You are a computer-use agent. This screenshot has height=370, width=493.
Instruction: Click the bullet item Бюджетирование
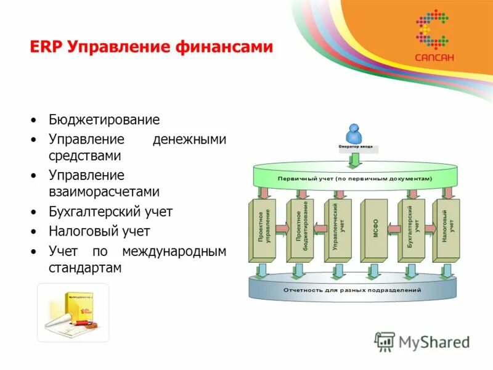click(x=104, y=120)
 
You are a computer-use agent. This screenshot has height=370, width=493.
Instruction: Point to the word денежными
click(x=189, y=140)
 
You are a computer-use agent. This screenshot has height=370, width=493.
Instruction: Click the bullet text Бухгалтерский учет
click(x=111, y=212)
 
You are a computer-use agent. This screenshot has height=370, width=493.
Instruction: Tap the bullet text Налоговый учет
click(x=99, y=232)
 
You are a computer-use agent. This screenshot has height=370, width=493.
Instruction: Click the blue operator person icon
click(x=354, y=133)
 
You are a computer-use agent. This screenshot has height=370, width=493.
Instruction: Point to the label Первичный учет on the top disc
click(x=354, y=178)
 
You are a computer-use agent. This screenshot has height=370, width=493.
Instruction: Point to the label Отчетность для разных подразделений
click(x=352, y=289)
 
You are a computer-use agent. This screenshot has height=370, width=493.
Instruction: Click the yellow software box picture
click(x=73, y=312)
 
